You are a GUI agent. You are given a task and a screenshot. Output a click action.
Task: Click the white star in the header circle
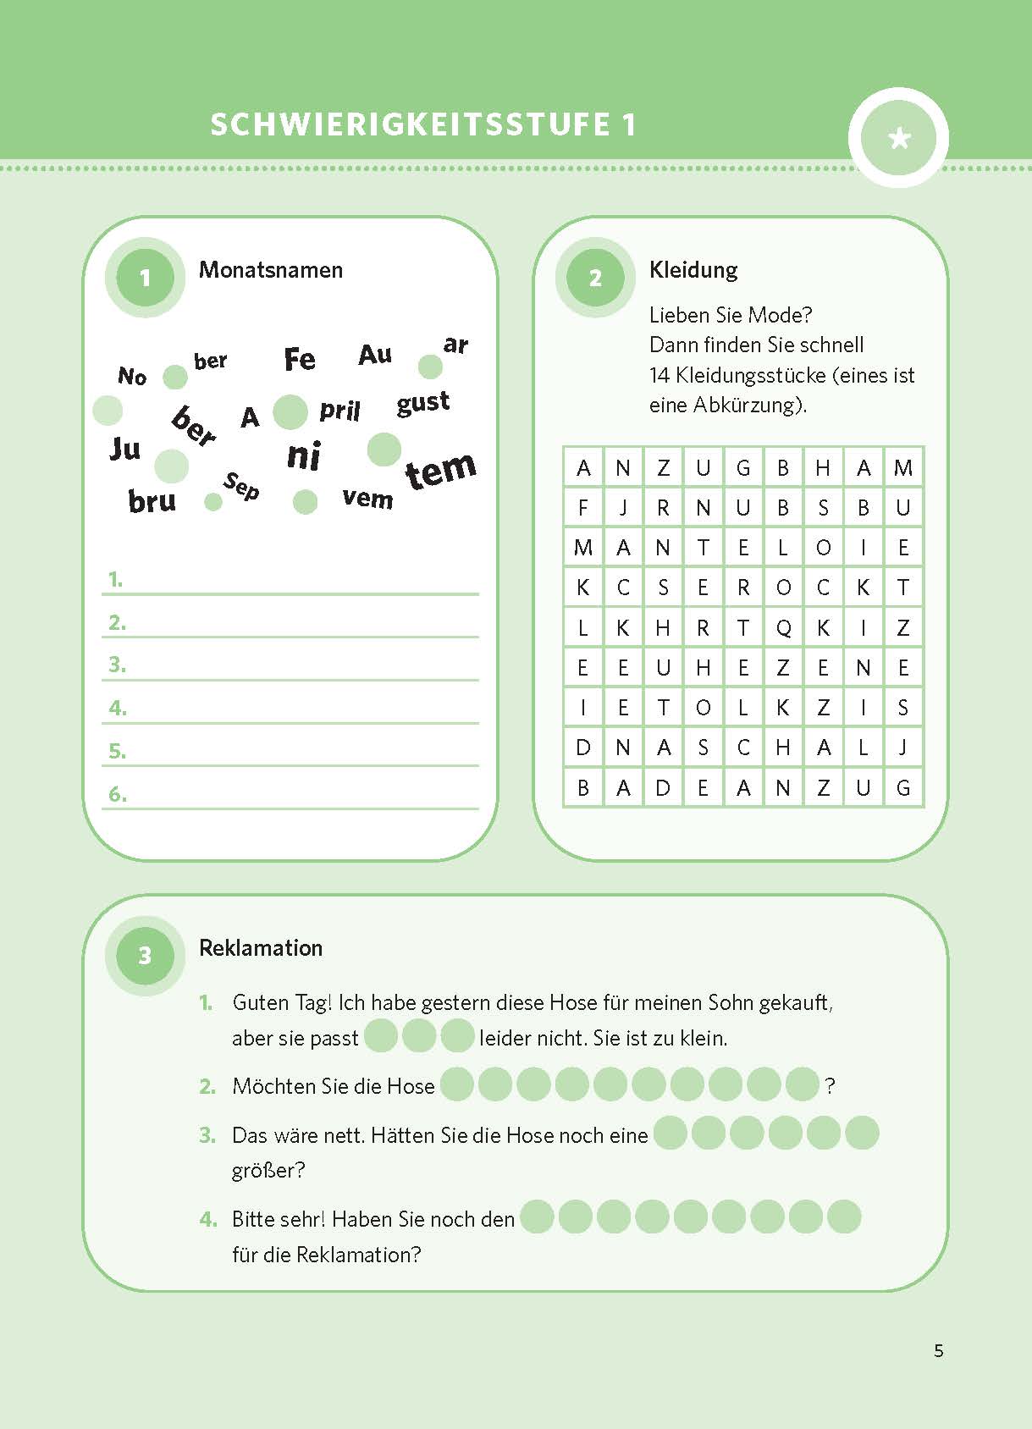[x=899, y=138]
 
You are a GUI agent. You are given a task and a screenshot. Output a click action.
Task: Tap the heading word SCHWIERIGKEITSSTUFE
[x=411, y=124]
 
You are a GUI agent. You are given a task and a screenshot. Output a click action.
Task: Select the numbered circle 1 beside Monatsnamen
[x=145, y=278]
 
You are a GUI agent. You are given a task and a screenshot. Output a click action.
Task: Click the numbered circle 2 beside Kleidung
[x=595, y=278]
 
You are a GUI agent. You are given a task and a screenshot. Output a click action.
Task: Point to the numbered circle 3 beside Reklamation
[x=145, y=956]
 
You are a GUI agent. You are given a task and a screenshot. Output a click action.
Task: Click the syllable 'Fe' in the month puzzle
[x=300, y=359]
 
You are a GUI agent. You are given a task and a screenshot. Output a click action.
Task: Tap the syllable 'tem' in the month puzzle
[x=440, y=470]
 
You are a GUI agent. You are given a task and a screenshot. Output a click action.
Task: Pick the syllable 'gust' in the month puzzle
[x=422, y=403]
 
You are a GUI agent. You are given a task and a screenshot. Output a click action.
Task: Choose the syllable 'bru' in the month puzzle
[x=152, y=501]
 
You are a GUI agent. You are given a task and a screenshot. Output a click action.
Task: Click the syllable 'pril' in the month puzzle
[x=339, y=411]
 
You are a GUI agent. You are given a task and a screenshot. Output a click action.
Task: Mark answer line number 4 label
[x=118, y=708]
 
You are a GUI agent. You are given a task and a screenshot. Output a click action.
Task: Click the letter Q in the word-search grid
[x=783, y=627]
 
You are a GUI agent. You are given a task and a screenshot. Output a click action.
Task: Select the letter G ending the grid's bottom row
[x=903, y=788]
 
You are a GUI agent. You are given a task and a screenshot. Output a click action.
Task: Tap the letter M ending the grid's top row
[x=903, y=468]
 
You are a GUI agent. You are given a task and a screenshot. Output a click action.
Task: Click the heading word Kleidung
[x=693, y=270]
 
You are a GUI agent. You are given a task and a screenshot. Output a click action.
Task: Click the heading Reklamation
[x=261, y=948]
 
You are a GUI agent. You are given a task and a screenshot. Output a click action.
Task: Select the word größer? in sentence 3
[x=268, y=1171]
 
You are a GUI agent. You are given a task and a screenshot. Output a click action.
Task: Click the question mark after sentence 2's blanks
[x=830, y=1086]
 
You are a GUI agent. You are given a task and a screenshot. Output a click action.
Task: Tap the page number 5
[x=938, y=1350]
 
